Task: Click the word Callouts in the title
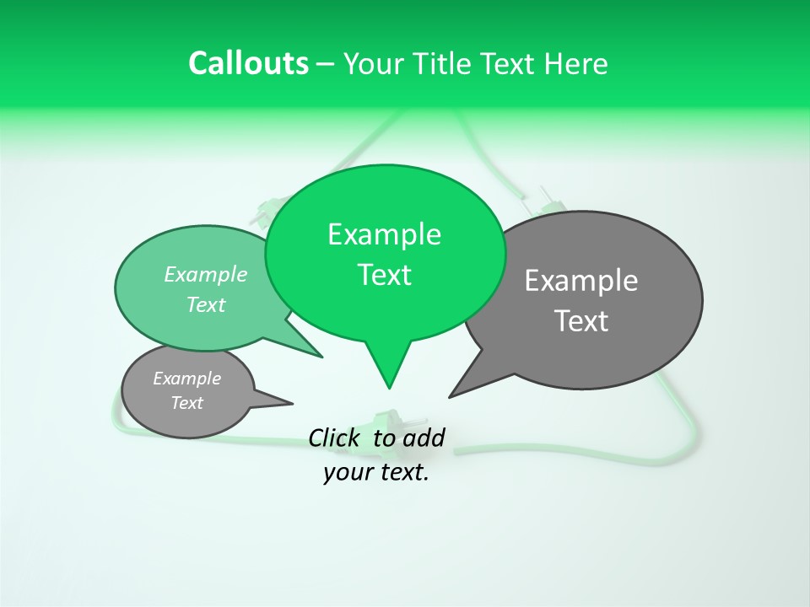248,63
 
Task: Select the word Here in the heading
576,63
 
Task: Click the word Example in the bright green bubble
384,234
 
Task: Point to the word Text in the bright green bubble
384,275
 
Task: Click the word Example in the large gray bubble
581,281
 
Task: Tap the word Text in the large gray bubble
581,321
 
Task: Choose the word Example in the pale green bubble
206,274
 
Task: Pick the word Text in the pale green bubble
206,304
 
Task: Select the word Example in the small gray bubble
186,379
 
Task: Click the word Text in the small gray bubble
186,403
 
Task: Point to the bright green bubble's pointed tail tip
389,388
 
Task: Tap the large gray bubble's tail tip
450,396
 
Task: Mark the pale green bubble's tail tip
321,357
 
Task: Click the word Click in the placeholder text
335,438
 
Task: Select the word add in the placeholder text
423,438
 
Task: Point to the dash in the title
326,64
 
